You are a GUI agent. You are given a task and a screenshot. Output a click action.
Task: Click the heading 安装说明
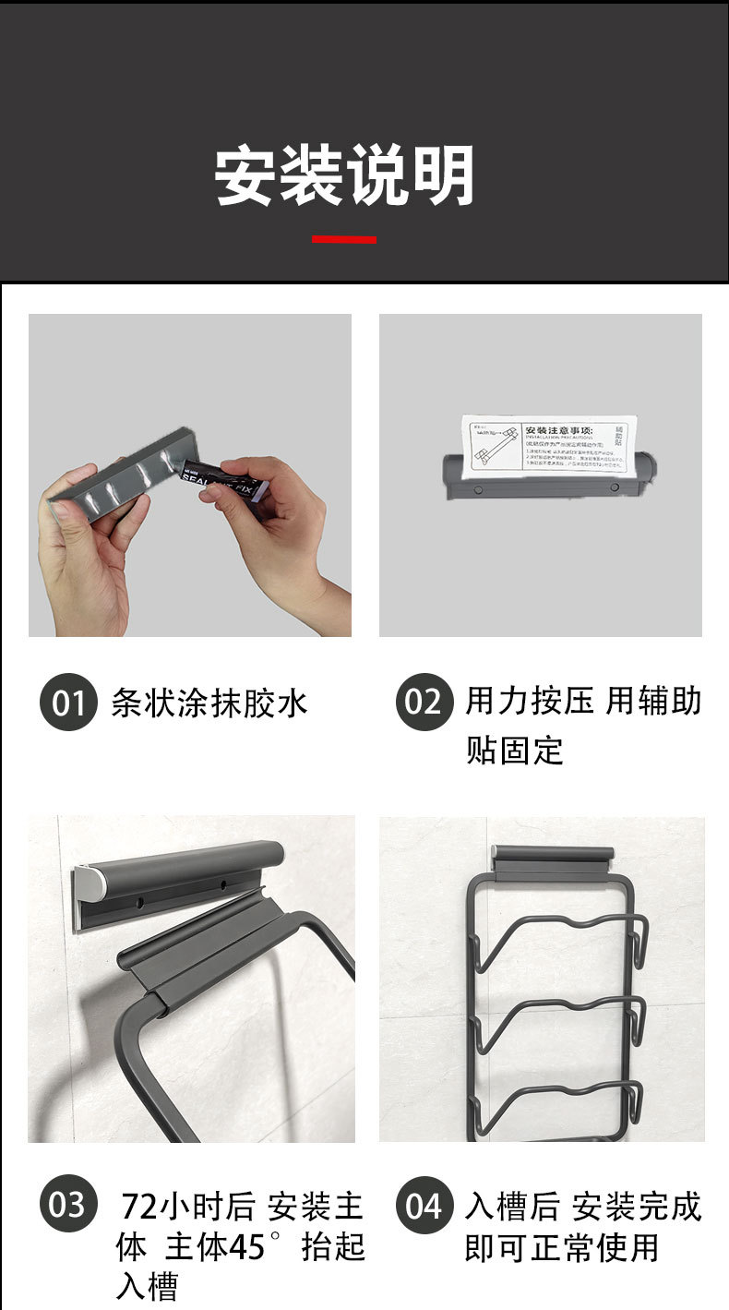tap(344, 175)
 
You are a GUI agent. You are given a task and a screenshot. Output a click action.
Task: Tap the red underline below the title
tap(343, 239)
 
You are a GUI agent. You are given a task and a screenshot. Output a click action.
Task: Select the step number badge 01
tap(68, 703)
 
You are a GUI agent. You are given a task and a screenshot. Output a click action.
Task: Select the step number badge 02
tap(424, 703)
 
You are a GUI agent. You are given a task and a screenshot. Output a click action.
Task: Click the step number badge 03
tap(68, 1205)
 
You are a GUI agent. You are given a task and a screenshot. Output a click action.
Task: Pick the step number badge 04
tap(424, 1206)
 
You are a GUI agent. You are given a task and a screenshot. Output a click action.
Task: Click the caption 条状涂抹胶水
tap(209, 703)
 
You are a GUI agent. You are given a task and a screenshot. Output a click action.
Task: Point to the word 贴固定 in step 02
tap(514, 750)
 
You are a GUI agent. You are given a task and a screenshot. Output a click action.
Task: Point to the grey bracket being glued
tap(102, 481)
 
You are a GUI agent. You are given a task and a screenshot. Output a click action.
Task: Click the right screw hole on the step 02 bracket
tap(613, 485)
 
